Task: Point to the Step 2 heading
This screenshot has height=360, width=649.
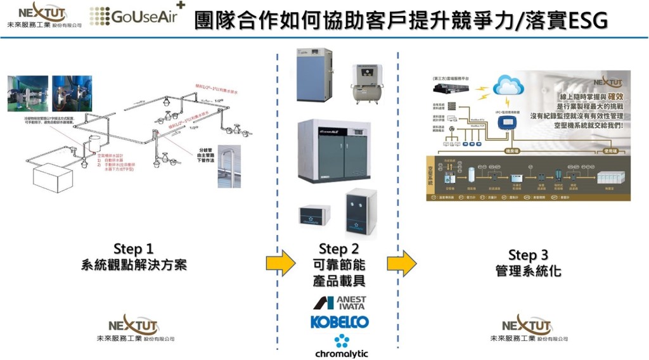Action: [338, 248]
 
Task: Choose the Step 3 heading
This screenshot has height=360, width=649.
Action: [527, 255]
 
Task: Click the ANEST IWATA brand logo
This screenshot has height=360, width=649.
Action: [339, 302]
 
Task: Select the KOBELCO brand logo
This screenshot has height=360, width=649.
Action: [339, 322]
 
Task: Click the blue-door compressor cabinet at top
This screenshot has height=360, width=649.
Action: [314, 74]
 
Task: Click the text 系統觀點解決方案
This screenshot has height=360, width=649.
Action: [134, 265]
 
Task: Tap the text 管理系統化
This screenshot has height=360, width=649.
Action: [527, 271]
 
